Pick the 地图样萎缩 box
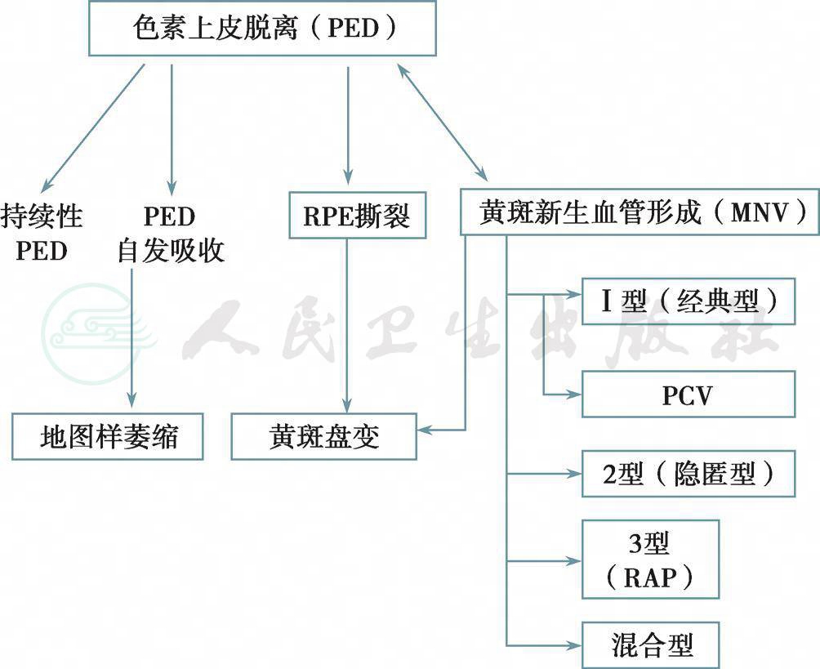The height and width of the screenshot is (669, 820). [x=108, y=436]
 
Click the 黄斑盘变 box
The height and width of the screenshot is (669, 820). [x=324, y=436]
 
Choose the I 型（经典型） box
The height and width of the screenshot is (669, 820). [x=688, y=301]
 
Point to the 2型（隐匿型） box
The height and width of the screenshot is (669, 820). [x=688, y=473]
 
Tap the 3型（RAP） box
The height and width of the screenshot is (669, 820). [x=650, y=559]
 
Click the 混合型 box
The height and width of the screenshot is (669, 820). [x=650, y=644]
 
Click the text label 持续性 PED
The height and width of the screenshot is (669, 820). [x=42, y=233]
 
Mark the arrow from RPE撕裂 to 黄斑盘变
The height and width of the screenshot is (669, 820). [x=348, y=327]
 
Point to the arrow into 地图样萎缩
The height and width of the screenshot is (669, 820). [x=131, y=343]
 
